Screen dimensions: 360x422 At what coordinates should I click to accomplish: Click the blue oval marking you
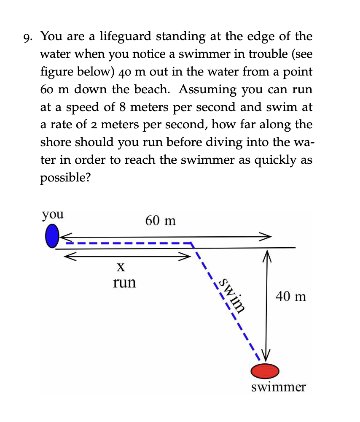[x=51, y=235]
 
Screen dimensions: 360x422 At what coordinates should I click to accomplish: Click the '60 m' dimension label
[x=160, y=220]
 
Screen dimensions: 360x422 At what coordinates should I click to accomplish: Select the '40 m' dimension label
[x=291, y=297]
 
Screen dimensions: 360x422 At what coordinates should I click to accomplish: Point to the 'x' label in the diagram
[x=120, y=267]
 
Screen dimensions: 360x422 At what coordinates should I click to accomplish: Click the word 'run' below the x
[x=125, y=282]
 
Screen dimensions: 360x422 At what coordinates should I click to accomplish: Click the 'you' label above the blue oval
[x=53, y=214]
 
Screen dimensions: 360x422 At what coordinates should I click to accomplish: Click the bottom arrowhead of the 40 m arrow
[x=266, y=357]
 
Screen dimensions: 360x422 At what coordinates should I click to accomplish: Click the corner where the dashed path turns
[x=192, y=243]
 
